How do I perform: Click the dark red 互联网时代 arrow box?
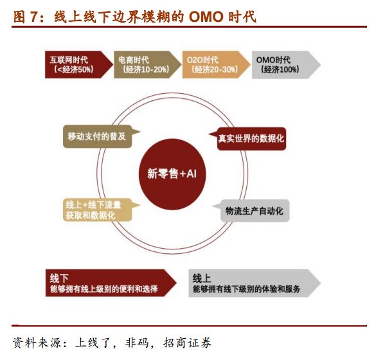[x=78, y=64]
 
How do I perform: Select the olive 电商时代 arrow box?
[x=147, y=64]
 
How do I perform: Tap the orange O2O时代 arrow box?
[x=216, y=64]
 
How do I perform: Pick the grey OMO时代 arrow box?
[x=286, y=64]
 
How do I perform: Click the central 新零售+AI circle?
[x=172, y=174]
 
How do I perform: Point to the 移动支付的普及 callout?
[x=101, y=136]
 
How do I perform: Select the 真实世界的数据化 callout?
[x=248, y=139]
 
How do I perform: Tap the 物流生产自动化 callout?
[x=251, y=211]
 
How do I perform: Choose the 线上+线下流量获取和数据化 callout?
[x=101, y=210]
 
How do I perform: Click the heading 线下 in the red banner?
[x=59, y=278]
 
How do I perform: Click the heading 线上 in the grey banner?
[x=202, y=278]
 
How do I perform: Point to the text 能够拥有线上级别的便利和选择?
[x=104, y=289]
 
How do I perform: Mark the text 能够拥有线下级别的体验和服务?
[x=247, y=289]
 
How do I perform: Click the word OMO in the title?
[x=206, y=17]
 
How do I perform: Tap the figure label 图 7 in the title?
[x=26, y=17]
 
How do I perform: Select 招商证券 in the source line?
[x=187, y=343]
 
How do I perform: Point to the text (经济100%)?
[x=280, y=69]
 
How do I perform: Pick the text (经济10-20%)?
[x=146, y=69]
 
